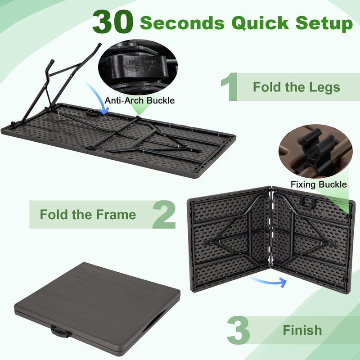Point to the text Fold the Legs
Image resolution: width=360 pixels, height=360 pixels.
point(296,86)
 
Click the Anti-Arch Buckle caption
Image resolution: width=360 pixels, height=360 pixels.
point(139,100)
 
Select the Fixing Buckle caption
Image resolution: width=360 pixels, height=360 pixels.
point(318,184)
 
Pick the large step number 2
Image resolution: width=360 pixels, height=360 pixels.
point(164,214)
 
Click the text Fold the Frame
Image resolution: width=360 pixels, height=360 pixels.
point(88,214)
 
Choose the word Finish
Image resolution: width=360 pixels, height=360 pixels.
point(302,330)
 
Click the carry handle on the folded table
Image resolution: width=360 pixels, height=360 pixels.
point(60,332)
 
